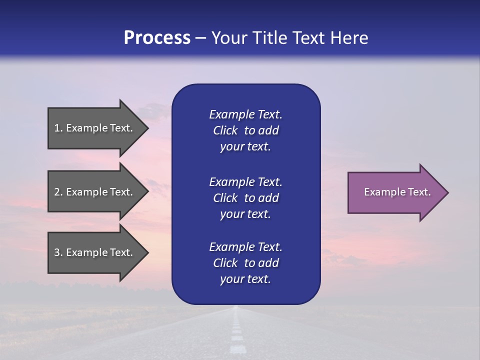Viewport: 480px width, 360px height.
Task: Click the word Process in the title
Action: pyautogui.click(x=157, y=38)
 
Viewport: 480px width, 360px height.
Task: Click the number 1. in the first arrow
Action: pyautogui.click(x=58, y=128)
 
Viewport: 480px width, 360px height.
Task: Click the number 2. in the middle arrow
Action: pyautogui.click(x=58, y=192)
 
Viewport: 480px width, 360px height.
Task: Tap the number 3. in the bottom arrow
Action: pyautogui.click(x=58, y=252)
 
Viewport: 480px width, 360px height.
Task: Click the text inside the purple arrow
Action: pyautogui.click(x=397, y=192)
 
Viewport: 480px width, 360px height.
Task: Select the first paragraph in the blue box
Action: pyautogui.click(x=245, y=130)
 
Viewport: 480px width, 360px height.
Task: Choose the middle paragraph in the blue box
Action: pyautogui.click(x=245, y=198)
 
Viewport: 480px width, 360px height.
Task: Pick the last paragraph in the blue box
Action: pyautogui.click(x=245, y=263)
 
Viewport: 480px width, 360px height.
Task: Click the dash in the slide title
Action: pyautogui.click(x=201, y=38)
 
